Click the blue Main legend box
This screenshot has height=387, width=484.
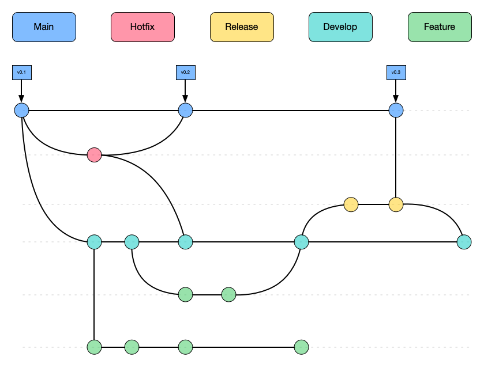coord(44,27)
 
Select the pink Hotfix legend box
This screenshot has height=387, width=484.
coord(142,27)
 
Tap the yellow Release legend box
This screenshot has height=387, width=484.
coord(242,27)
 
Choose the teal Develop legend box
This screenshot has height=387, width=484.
coord(340,27)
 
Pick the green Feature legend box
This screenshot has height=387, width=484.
coord(440,27)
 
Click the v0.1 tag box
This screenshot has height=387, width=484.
coord(21,73)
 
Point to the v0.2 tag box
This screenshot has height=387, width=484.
coord(185,73)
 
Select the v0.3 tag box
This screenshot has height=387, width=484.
coord(396,73)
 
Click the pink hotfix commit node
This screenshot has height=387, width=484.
coord(94,155)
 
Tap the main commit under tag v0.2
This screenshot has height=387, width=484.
coord(185,110)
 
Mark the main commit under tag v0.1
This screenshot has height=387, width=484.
coord(21,110)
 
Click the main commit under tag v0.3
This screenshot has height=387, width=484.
coord(396,110)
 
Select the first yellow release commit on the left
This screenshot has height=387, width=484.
coord(351,204)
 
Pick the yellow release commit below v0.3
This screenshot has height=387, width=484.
coord(396,204)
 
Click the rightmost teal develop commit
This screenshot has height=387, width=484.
coord(464,242)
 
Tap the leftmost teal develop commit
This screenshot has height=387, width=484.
coord(94,242)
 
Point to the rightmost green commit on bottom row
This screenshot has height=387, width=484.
coord(301,347)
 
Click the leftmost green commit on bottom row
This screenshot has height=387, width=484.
coord(94,347)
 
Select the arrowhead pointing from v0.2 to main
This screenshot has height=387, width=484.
coord(185,99)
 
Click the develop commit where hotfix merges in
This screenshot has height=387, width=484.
coord(185,242)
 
